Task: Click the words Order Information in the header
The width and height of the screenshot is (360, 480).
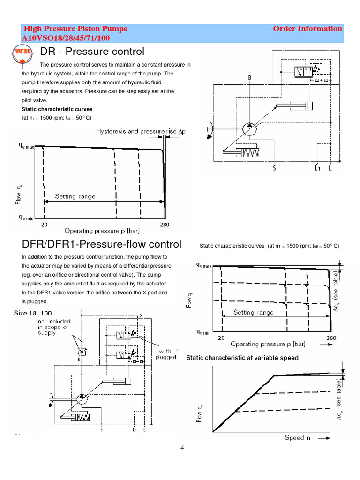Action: [x=307, y=29]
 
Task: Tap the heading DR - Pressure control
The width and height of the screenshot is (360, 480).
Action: [x=92, y=51]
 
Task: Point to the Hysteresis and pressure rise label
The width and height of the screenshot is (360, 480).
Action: [x=141, y=132]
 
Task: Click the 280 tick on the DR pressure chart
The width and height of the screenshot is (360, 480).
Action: [x=165, y=225]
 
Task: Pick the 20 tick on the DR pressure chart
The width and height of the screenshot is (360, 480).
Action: [x=44, y=225]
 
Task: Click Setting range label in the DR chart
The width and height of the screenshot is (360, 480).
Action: [x=75, y=196]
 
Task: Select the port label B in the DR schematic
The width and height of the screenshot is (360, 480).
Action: [x=250, y=77]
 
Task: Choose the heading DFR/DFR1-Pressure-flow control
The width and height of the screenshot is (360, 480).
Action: [x=102, y=244]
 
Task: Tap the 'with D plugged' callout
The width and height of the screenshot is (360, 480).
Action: [x=168, y=354]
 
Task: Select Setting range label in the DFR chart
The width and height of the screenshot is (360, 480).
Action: [x=253, y=312]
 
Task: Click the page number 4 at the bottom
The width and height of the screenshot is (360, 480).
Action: [x=183, y=448]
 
